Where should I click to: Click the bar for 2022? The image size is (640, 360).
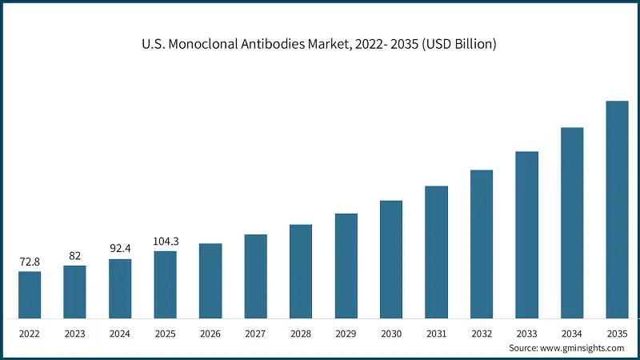(x=30, y=294)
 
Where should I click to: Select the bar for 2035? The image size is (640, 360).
(x=617, y=210)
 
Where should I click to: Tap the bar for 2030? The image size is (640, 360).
(x=391, y=259)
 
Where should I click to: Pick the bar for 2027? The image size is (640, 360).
(x=255, y=276)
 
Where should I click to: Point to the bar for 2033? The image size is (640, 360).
(x=526, y=234)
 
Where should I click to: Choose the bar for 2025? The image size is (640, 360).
(x=165, y=285)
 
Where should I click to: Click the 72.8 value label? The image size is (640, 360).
(x=30, y=262)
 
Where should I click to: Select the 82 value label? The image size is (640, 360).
(x=74, y=256)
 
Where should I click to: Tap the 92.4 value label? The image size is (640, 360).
(x=120, y=249)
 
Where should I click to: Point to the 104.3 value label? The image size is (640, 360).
(x=165, y=242)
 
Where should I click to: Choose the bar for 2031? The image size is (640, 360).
(x=436, y=252)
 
